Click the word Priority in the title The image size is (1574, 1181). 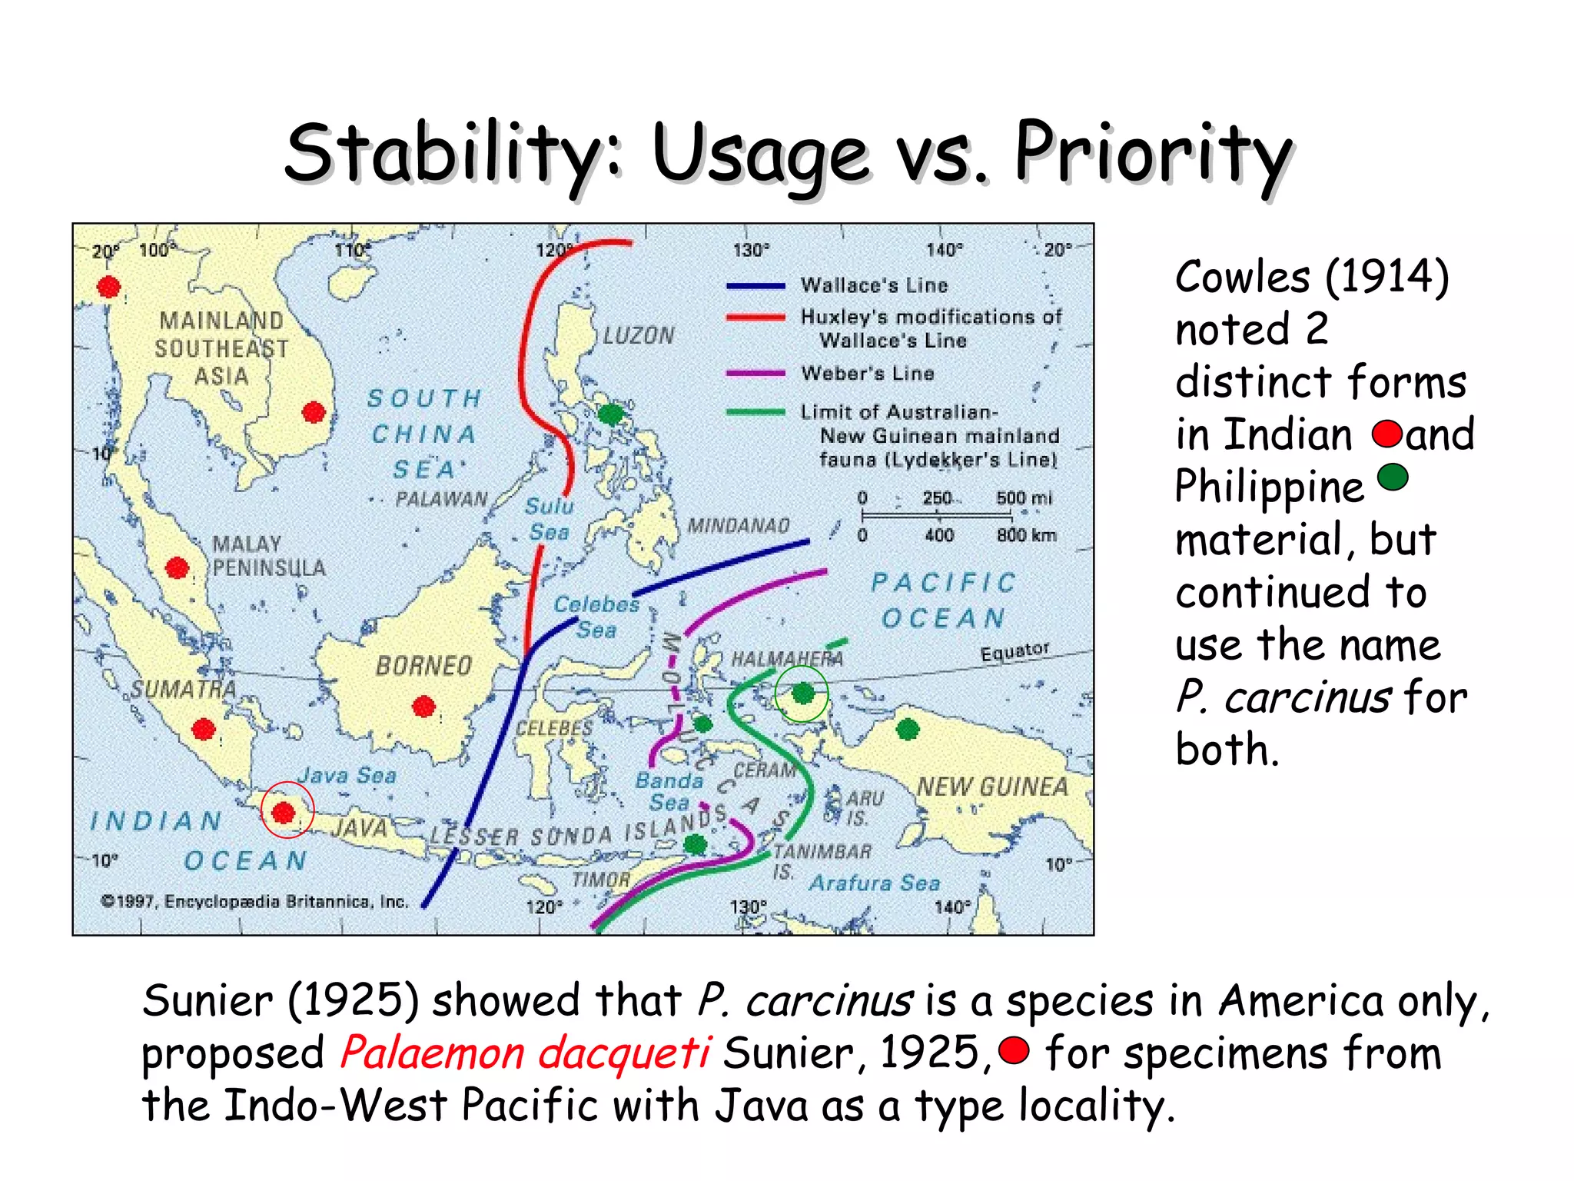(x=1153, y=154)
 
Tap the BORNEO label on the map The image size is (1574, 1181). (x=423, y=666)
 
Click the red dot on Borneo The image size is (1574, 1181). (x=424, y=706)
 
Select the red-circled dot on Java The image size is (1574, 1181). (x=284, y=812)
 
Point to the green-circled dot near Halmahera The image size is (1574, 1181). (x=802, y=694)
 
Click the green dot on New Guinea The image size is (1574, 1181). (x=908, y=728)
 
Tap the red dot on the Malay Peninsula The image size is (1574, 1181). (x=178, y=568)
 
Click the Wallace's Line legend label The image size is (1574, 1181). (x=874, y=285)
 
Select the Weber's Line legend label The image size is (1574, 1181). (x=867, y=374)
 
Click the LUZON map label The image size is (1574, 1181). (x=638, y=336)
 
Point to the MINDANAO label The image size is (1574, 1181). (x=738, y=526)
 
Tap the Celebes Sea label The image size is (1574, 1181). (x=596, y=617)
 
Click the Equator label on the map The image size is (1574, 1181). (x=1014, y=651)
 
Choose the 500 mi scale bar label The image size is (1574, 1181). (x=1024, y=497)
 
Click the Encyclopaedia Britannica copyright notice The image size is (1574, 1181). (x=254, y=901)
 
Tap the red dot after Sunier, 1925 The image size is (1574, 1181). (x=1014, y=1050)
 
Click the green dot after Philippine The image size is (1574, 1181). (x=1393, y=477)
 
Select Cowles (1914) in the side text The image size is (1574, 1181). (x=1311, y=277)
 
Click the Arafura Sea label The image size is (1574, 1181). (x=875, y=883)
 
